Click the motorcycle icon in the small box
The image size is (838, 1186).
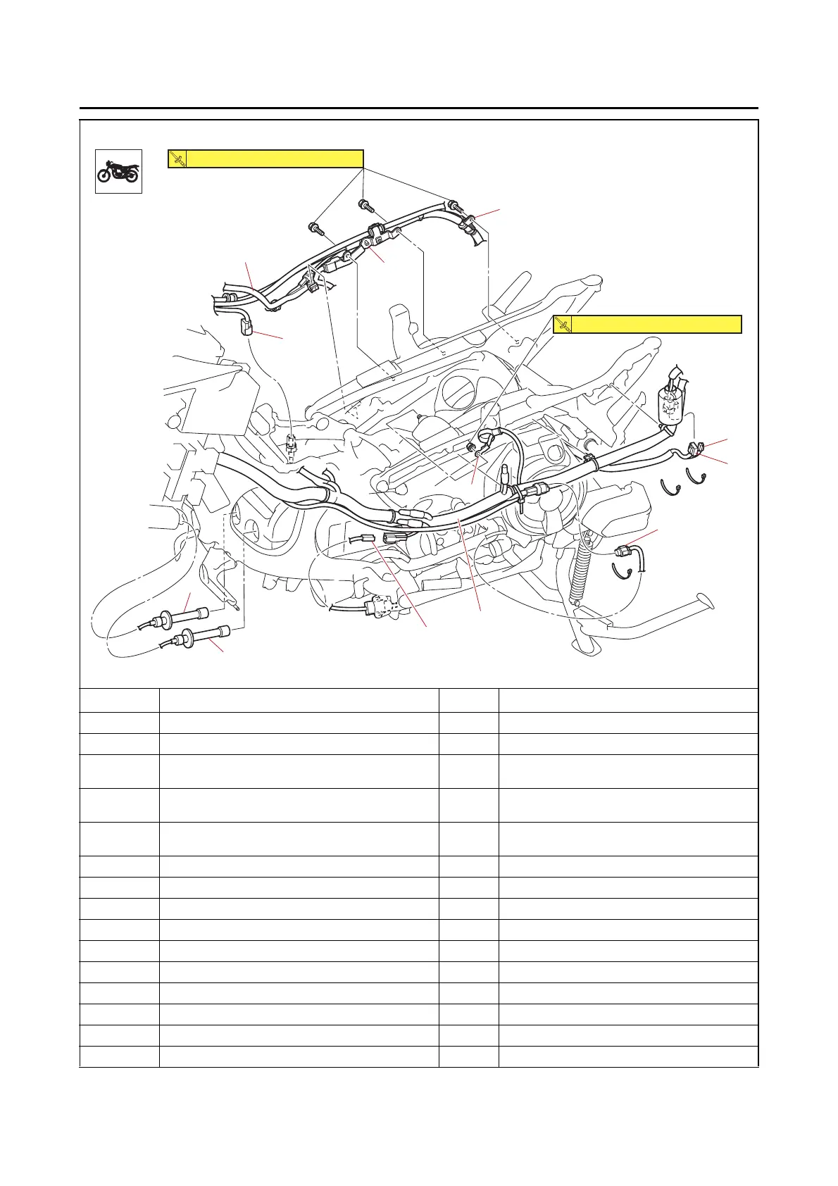pos(119,171)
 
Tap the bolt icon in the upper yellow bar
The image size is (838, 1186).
pos(178,159)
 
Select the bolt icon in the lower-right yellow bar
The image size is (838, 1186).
pos(563,324)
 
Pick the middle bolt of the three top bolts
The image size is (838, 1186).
pos(365,205)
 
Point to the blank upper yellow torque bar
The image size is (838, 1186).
pos(275,159)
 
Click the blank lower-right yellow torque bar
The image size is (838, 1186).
pos(656,324)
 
